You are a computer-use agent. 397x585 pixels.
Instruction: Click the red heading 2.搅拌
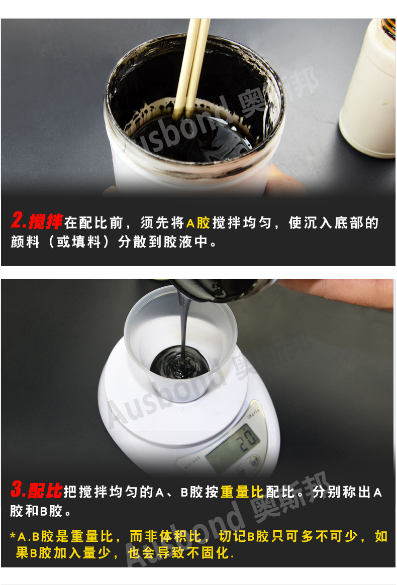(37, 221)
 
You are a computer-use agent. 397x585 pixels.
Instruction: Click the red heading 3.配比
(36, 490)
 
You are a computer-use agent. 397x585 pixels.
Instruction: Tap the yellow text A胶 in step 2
(198, 223)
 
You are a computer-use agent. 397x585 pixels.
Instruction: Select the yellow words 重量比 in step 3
(242, 492)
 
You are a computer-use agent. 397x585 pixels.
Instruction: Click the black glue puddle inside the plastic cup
(179, 362)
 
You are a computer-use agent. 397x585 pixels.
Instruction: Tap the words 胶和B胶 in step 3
(36, 511)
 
